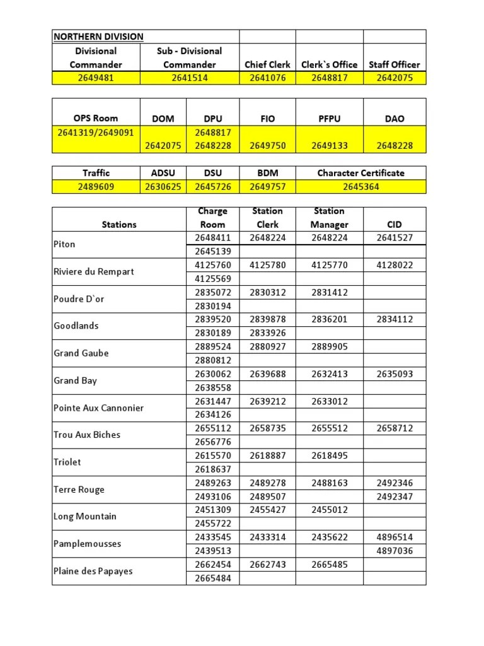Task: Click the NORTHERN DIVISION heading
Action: [98, 37]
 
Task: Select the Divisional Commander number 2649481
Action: [96, 78]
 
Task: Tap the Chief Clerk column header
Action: [267, 64]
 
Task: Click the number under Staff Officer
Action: [394, 78]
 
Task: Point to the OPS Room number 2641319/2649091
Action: [96, 132]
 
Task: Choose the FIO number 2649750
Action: [267, 146]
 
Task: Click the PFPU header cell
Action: [329, 119]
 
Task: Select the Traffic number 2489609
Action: [96, 187]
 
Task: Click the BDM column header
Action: [267, 173]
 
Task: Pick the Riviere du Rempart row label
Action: [93, 272]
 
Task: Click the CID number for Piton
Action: [394, 238]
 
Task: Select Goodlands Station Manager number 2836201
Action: [329, 319]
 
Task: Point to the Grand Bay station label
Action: [75, 380]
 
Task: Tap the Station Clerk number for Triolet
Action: [267, 455]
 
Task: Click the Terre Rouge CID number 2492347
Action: [394, 496]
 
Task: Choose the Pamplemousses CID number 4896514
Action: [394, 537]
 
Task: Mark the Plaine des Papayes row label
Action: [93, 571]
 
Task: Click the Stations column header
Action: [118, 224]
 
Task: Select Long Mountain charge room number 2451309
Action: [212, 510]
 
